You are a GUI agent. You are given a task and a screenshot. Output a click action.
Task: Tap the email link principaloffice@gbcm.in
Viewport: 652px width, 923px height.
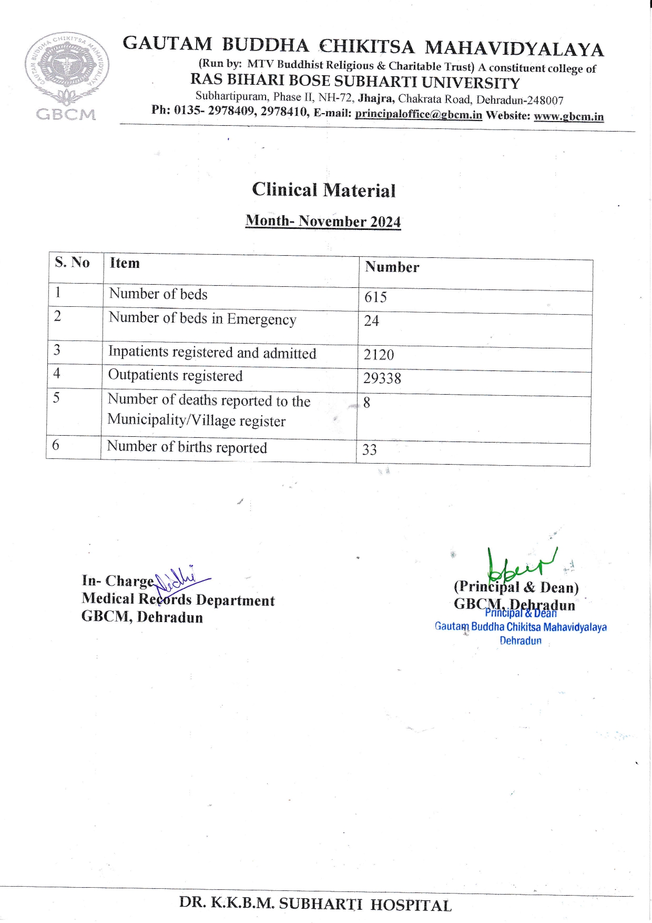coord(418,114)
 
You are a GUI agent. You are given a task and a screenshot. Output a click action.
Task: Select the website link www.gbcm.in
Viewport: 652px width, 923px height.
coord(568,116)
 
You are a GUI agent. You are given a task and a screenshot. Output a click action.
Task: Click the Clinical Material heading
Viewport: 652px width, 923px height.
coord(323,190)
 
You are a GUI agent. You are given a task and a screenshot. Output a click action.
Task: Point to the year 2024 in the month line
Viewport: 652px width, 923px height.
coord(385,222)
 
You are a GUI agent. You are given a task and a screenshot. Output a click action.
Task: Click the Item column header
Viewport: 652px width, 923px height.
coord(125,263)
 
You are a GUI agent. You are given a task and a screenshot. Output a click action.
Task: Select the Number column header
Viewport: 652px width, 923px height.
coord(392,267)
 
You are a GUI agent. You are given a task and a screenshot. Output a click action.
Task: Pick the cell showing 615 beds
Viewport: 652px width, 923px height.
coord(375,297)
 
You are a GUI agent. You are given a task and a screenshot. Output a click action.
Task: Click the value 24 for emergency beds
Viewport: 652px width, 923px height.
coord(371,321)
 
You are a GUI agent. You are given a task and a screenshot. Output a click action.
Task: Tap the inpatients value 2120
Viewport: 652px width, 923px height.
coord(379,355)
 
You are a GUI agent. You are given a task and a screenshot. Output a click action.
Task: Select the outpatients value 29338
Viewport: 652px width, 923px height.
coord(382,378)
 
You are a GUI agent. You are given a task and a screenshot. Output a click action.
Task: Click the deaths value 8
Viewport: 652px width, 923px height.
coord(366,403)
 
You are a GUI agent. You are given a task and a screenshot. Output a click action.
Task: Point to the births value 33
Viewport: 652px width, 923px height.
coord(370,450)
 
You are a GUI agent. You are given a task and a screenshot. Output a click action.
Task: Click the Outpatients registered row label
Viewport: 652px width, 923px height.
coord(175,376)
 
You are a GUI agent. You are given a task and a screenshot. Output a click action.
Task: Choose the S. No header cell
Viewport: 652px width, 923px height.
coord(72,262)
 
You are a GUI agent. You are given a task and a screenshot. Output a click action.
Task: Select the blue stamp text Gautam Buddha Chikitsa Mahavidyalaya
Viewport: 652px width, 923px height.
coord(521,627)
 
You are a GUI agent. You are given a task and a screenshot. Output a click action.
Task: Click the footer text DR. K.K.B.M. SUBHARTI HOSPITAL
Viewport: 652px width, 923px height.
coord(315,905)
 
